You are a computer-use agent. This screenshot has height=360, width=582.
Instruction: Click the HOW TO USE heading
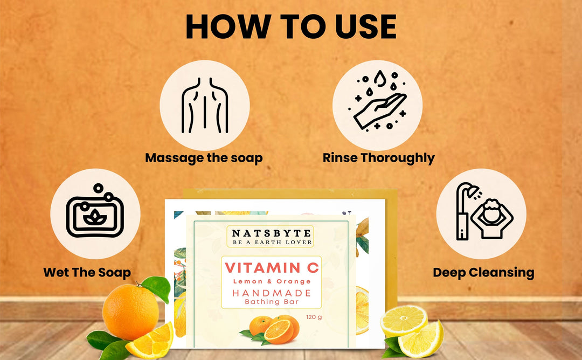click(291, 27)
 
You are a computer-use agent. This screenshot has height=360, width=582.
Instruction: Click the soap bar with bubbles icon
click(95, 214)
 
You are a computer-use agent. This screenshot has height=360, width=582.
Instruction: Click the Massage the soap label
click(204, 158)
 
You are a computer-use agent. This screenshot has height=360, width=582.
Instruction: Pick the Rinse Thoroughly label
click(378, 158)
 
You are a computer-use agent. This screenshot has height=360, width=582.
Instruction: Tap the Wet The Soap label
click(87, 272)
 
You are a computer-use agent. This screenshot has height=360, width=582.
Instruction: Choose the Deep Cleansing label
click(483, 272)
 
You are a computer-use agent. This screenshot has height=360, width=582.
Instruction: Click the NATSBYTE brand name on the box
click(271, 233)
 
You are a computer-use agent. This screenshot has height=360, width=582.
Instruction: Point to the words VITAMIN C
click(272, 267)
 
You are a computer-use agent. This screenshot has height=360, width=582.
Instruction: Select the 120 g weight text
click(314, 317)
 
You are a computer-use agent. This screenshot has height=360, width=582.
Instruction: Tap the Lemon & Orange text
click(272, 281)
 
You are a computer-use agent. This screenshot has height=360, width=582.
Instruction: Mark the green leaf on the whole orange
click(156, 288)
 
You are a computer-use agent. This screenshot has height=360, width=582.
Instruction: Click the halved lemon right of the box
click(404, 321)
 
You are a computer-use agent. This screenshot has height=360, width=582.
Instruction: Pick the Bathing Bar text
click(272, 302)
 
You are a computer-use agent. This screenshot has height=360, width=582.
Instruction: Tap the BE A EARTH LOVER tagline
click(271, 243)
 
